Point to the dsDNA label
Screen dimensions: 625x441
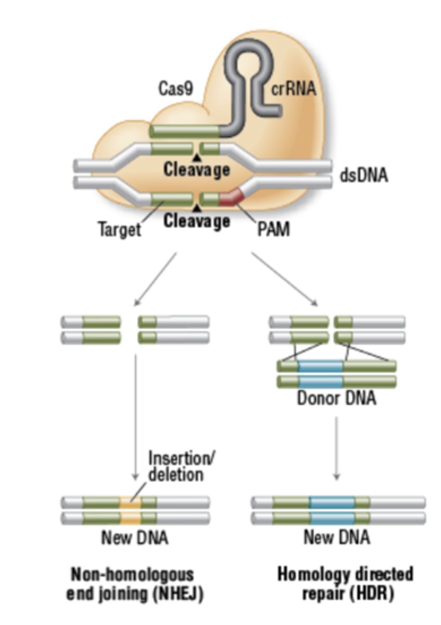click(364, 176)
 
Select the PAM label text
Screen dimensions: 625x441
click(273, 229)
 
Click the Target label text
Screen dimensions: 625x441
click(120, 229)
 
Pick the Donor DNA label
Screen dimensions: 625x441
click(336, 399)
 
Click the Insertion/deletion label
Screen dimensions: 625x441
click(181, 466)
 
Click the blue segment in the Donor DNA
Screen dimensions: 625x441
click(321, 374)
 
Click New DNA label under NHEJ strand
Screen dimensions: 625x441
click(135, 537)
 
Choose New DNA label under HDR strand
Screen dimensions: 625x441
click(337, 537)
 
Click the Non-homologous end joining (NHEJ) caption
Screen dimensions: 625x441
click(134, 583)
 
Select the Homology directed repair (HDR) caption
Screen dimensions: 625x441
click(345, 583)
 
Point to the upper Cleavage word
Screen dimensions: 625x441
click(196, 169)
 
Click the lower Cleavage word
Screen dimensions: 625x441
click(196, 221)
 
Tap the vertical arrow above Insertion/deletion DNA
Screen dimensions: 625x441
click(135, 417)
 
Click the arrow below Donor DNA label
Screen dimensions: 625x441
click(337, 448)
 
